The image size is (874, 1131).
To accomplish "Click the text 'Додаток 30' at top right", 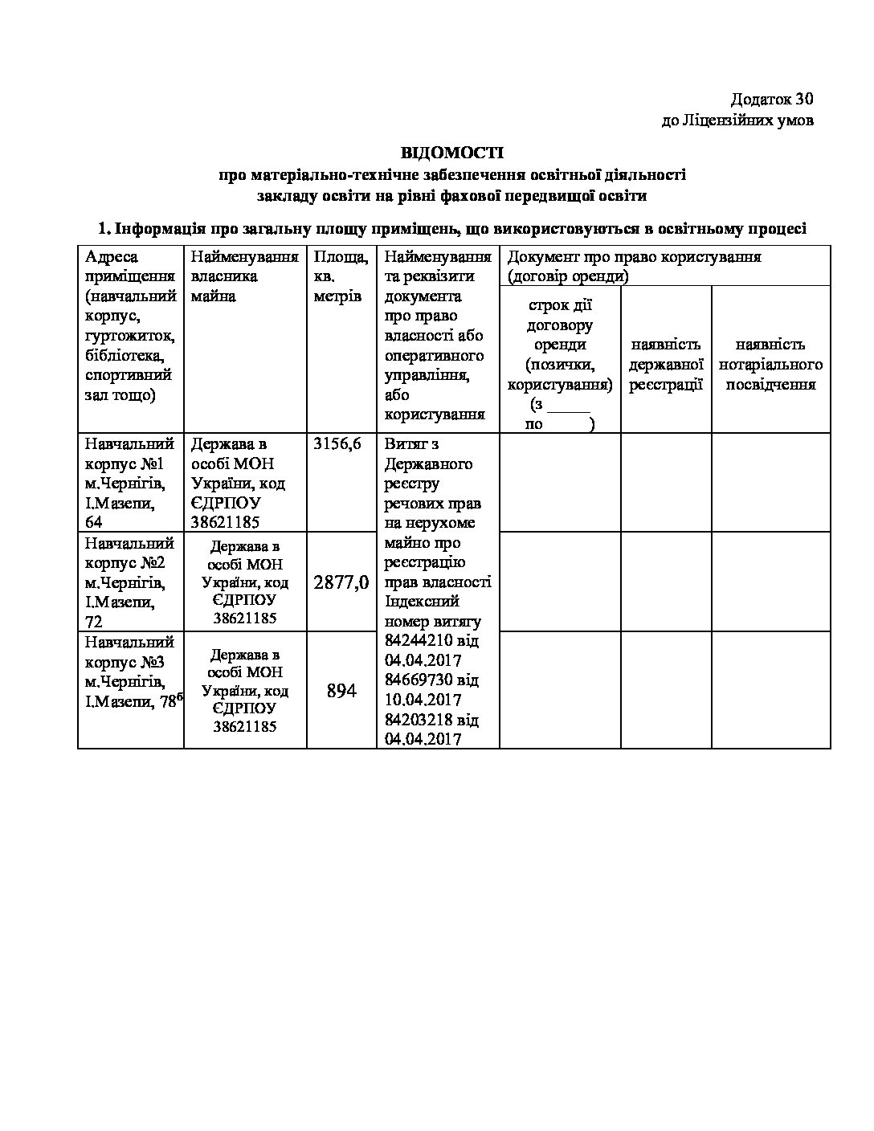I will (771, 100).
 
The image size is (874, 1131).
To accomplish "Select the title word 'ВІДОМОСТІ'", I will (452, 153).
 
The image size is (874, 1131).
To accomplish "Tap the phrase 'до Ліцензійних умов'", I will (737, 120).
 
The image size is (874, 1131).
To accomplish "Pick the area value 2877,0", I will (341, 582).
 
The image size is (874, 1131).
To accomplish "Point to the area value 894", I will (341, 690).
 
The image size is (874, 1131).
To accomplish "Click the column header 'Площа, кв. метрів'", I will (341, 276).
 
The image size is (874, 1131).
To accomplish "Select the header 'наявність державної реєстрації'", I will (666, 364).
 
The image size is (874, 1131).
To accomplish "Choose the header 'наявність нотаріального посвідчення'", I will (770, 364).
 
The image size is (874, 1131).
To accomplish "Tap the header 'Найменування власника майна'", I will (244, 276).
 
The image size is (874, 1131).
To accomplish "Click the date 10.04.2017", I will (423, 700).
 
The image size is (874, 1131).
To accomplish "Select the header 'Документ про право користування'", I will (635, 257).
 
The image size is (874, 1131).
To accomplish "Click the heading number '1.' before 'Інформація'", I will (103, 229).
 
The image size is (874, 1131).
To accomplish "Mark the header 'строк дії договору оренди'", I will (560, 325).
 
